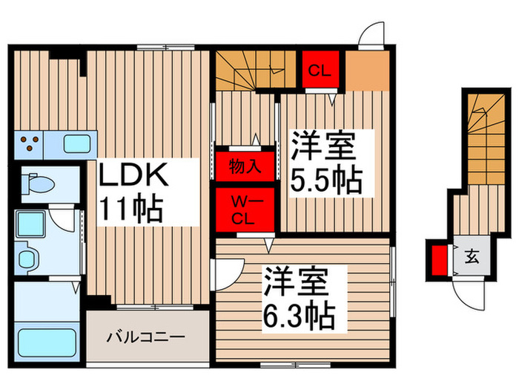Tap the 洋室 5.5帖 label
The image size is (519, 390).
(x=325, y=161)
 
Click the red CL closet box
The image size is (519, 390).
(x=319, y=71)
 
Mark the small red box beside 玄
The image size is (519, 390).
(x=439, y=260)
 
